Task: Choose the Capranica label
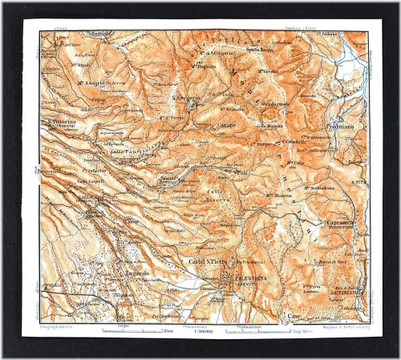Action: point(332,224)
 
